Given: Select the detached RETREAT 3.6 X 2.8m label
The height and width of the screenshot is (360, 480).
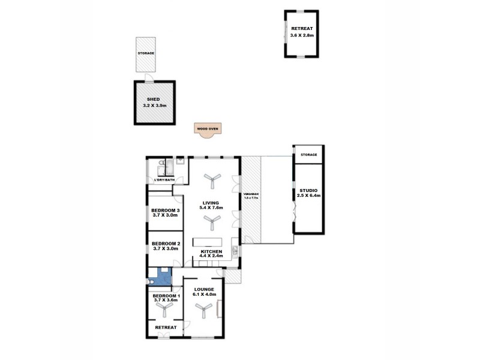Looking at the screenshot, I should pyautogui.click(x=302, y=32).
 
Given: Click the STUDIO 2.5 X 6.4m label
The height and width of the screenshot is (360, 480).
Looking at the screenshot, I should pyautogui.click(x=310, y=193).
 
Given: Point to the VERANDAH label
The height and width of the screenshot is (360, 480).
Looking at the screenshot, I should pyautogui.click(x=251, y=196).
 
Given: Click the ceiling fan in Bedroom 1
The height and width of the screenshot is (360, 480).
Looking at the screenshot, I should pyautogui.click(x=163, y=308).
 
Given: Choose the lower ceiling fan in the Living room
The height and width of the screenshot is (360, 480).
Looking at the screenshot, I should pyautogui.click(x=212, y=223).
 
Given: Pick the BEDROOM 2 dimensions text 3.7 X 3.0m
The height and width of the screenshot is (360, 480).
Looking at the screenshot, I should pyautogui.click(x=165, y=248).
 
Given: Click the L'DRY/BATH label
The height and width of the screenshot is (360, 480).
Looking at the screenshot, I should pyautogui.click(x=164, y=181).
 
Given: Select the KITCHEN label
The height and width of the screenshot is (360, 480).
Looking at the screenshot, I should pyautogui.click(x=212, y=251).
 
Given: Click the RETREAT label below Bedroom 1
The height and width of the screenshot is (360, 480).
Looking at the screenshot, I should pyautogui.click(x=166, y=328).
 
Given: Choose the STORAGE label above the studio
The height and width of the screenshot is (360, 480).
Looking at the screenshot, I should pyautogui.click(x=308, y=155).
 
